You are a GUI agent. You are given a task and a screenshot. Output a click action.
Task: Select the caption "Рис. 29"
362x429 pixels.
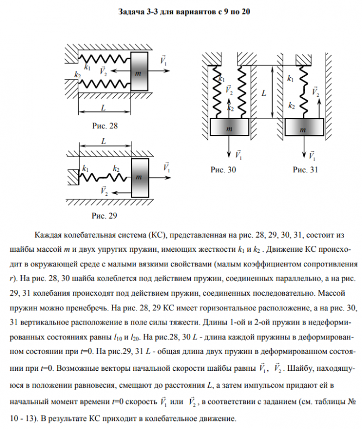pos(105,215)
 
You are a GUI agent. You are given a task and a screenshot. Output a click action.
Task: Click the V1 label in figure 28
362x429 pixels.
pos(164,60)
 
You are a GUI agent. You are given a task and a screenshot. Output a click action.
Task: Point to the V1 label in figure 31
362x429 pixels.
pos(312,156)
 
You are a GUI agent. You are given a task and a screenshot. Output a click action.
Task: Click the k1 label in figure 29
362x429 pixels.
pos(86,169)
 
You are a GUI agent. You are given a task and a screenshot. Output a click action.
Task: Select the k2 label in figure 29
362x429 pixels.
pos(116,169)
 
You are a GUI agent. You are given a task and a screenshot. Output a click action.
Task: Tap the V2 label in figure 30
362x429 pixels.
pos(228,89)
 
